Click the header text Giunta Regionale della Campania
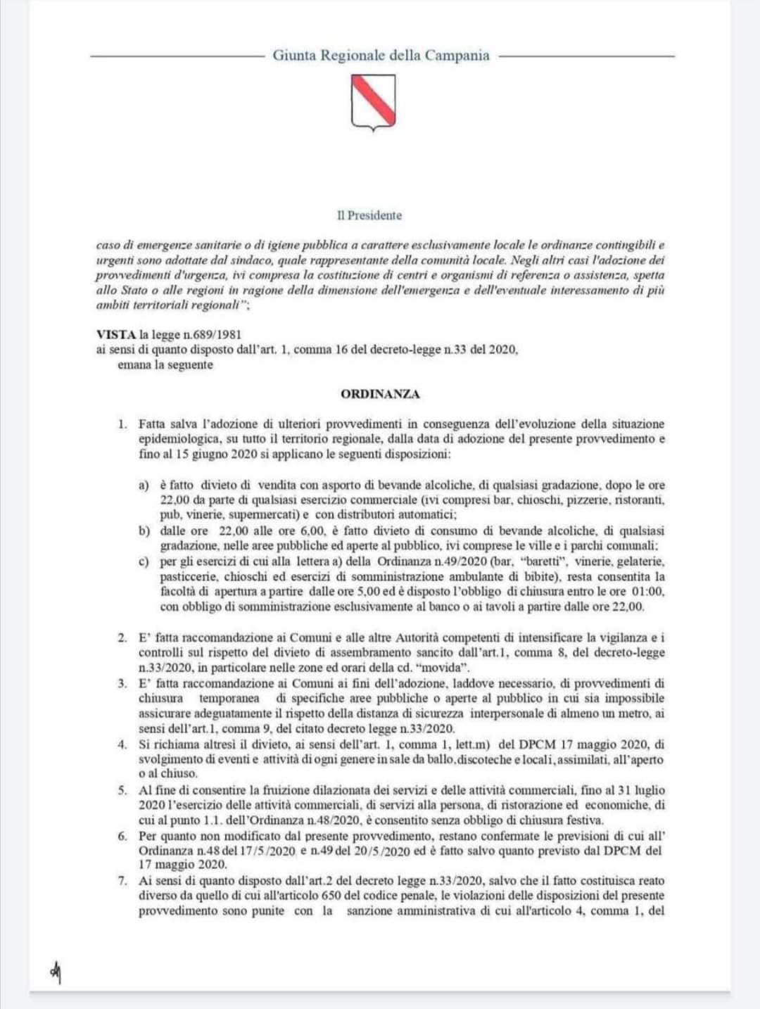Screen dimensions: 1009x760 click(381, 56)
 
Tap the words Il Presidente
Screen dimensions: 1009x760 click(369, 215)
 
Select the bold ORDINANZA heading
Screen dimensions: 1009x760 click(380, 394)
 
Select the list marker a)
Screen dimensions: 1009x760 click(144, 485)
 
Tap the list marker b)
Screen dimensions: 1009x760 click(144, 531)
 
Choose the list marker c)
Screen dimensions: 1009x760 click(144, 561)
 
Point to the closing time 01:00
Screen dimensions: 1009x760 click(647, 592)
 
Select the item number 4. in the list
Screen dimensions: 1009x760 click(122, 744)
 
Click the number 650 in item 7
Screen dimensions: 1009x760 click(332, 896)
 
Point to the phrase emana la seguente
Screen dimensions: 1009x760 click(165, 364)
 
